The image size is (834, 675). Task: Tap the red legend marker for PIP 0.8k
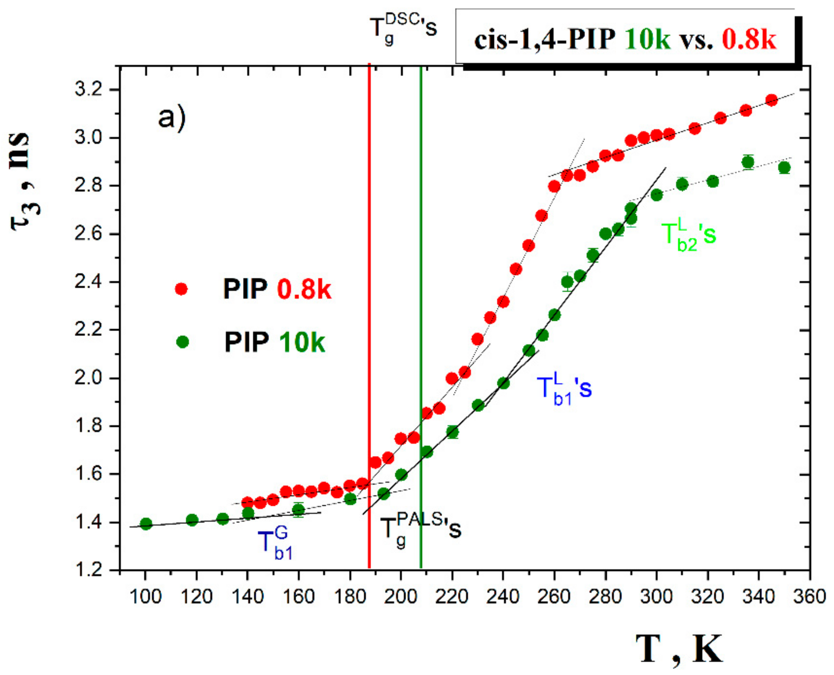(x=181, y=289)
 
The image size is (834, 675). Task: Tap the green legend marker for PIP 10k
(x=182, y=342)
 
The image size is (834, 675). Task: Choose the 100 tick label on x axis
(x=145, y=596)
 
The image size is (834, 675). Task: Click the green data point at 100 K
(x=146, y=523)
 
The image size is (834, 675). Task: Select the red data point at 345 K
(x=772, y=100)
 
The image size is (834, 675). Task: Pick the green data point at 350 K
(x=784, y=168)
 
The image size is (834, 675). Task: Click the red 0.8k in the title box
(x=749, y=40)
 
